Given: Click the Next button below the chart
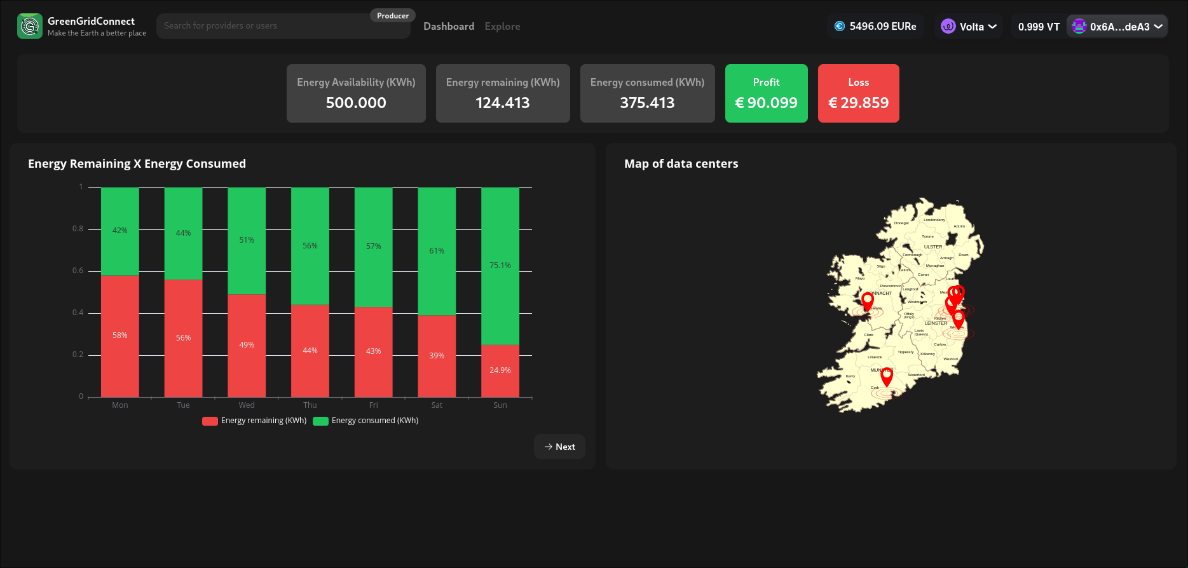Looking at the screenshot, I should [x=559, y=447].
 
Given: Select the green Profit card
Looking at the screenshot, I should [x=766, y=93].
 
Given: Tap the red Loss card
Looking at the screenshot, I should [x=858, y=93].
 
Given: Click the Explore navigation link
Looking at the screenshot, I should [x=502, y=26].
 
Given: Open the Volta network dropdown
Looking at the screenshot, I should [x=969, y=27].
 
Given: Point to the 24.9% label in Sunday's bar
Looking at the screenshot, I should [x=500, y=370].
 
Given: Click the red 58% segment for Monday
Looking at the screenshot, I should [x=120, y=335].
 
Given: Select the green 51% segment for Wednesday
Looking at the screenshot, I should [x=247, y=240].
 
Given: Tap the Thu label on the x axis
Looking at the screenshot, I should [x=310, y=405].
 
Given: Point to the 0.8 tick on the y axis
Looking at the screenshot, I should [x=78, y=229].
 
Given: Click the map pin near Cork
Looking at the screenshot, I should [x=887, y=376].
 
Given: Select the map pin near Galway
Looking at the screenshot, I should [x=868, y=300].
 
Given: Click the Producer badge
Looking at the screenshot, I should [x=393, y=16].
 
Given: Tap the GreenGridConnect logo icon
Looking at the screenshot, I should [x=30, y=26].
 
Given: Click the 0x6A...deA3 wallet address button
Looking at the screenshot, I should [x=1117, y=27].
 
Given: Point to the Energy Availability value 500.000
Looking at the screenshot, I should [x=356, y=103].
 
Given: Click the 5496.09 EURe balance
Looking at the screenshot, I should [x=875, y=26].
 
